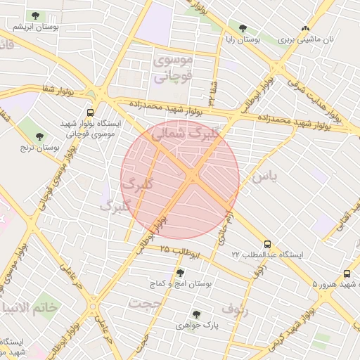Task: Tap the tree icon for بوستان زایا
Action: point(243,29)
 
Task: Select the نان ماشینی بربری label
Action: point(307,40)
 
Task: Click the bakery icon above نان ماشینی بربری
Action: point(304,29)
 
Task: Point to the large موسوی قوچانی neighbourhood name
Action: point(171,70)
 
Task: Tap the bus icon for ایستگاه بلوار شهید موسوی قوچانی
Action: point(90,112)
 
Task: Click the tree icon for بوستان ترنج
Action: point(37,136)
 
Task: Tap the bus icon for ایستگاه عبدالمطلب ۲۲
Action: point(266,243)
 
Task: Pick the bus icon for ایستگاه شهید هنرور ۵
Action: point(347,274)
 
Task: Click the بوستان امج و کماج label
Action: point(181,283)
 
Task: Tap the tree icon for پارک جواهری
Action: point(196,314)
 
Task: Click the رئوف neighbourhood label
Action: point(235,307)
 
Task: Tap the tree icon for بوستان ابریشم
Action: point(34,15)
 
